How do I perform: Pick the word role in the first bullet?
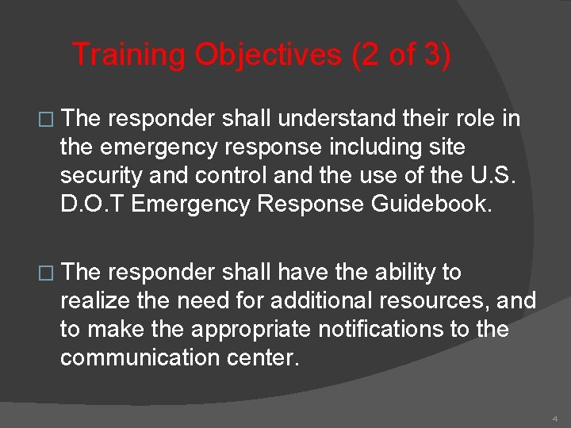pos(474,119)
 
